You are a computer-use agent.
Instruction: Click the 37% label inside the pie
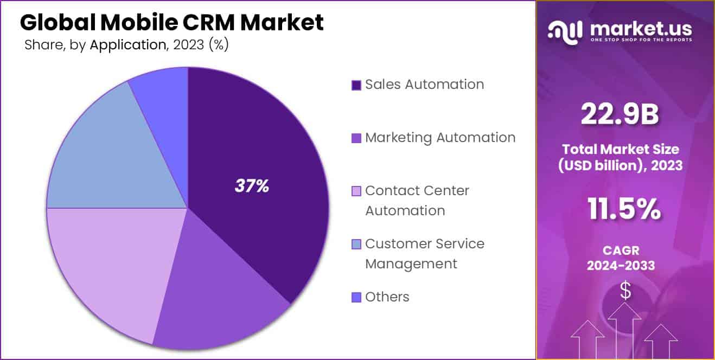[252, 186]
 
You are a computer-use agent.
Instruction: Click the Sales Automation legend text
[424, 85]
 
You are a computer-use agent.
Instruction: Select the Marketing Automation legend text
[440, 138]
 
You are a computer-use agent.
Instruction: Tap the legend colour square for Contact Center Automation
[356, 191]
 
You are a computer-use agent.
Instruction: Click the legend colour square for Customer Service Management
[356, 245]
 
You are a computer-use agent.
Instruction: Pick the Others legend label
[387, 297]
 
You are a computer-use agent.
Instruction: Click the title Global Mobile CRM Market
[171, 22]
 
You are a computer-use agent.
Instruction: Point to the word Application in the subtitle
[127, 45]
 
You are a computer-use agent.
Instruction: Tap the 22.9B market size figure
[620, 114]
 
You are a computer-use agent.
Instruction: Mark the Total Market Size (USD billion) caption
[620, 157]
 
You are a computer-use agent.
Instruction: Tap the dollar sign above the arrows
[625, 291]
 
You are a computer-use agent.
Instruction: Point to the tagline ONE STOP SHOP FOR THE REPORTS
[642, 40]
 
